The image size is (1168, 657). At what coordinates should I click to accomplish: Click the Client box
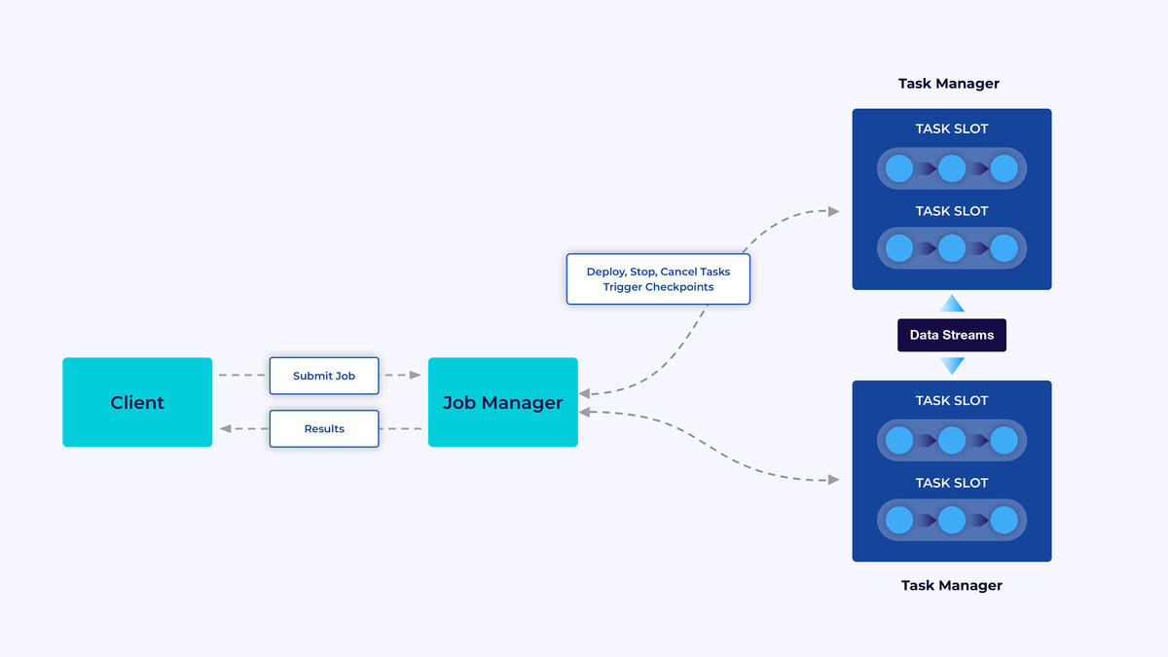(137, 402)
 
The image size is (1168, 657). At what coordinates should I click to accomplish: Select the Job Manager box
(502, 402)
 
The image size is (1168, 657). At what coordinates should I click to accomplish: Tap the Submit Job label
(324, 376)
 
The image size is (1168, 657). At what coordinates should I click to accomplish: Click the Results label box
(324, 428)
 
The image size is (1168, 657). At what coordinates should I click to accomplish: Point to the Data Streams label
(951, 335)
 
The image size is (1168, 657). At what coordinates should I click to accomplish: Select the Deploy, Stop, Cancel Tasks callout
(658, 279)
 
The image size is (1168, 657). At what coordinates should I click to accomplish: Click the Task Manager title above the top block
(948, 84)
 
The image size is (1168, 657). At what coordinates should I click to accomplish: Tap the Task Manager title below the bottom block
(951, 585)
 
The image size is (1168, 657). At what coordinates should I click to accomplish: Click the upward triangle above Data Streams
(952, 304)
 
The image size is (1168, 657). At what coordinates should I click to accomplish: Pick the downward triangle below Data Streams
(952, 366)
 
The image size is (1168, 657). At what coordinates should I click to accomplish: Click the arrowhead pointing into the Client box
(225, 428)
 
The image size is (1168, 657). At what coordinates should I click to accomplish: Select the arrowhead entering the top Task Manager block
(833, 210)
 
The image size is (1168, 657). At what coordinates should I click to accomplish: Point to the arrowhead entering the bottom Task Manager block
(833, 479)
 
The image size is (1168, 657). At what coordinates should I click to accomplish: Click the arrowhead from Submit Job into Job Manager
(416, 375)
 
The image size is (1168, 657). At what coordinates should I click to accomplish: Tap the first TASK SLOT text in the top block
(951, 128)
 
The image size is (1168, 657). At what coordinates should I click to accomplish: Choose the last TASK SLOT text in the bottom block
(951, 483)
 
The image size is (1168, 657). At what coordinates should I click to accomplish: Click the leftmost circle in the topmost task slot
(899, 168)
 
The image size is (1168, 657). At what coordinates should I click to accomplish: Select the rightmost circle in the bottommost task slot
(1004, 520)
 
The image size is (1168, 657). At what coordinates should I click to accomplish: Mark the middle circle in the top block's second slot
(951, 249)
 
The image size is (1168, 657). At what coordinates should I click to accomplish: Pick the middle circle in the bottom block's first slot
(951, 440)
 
